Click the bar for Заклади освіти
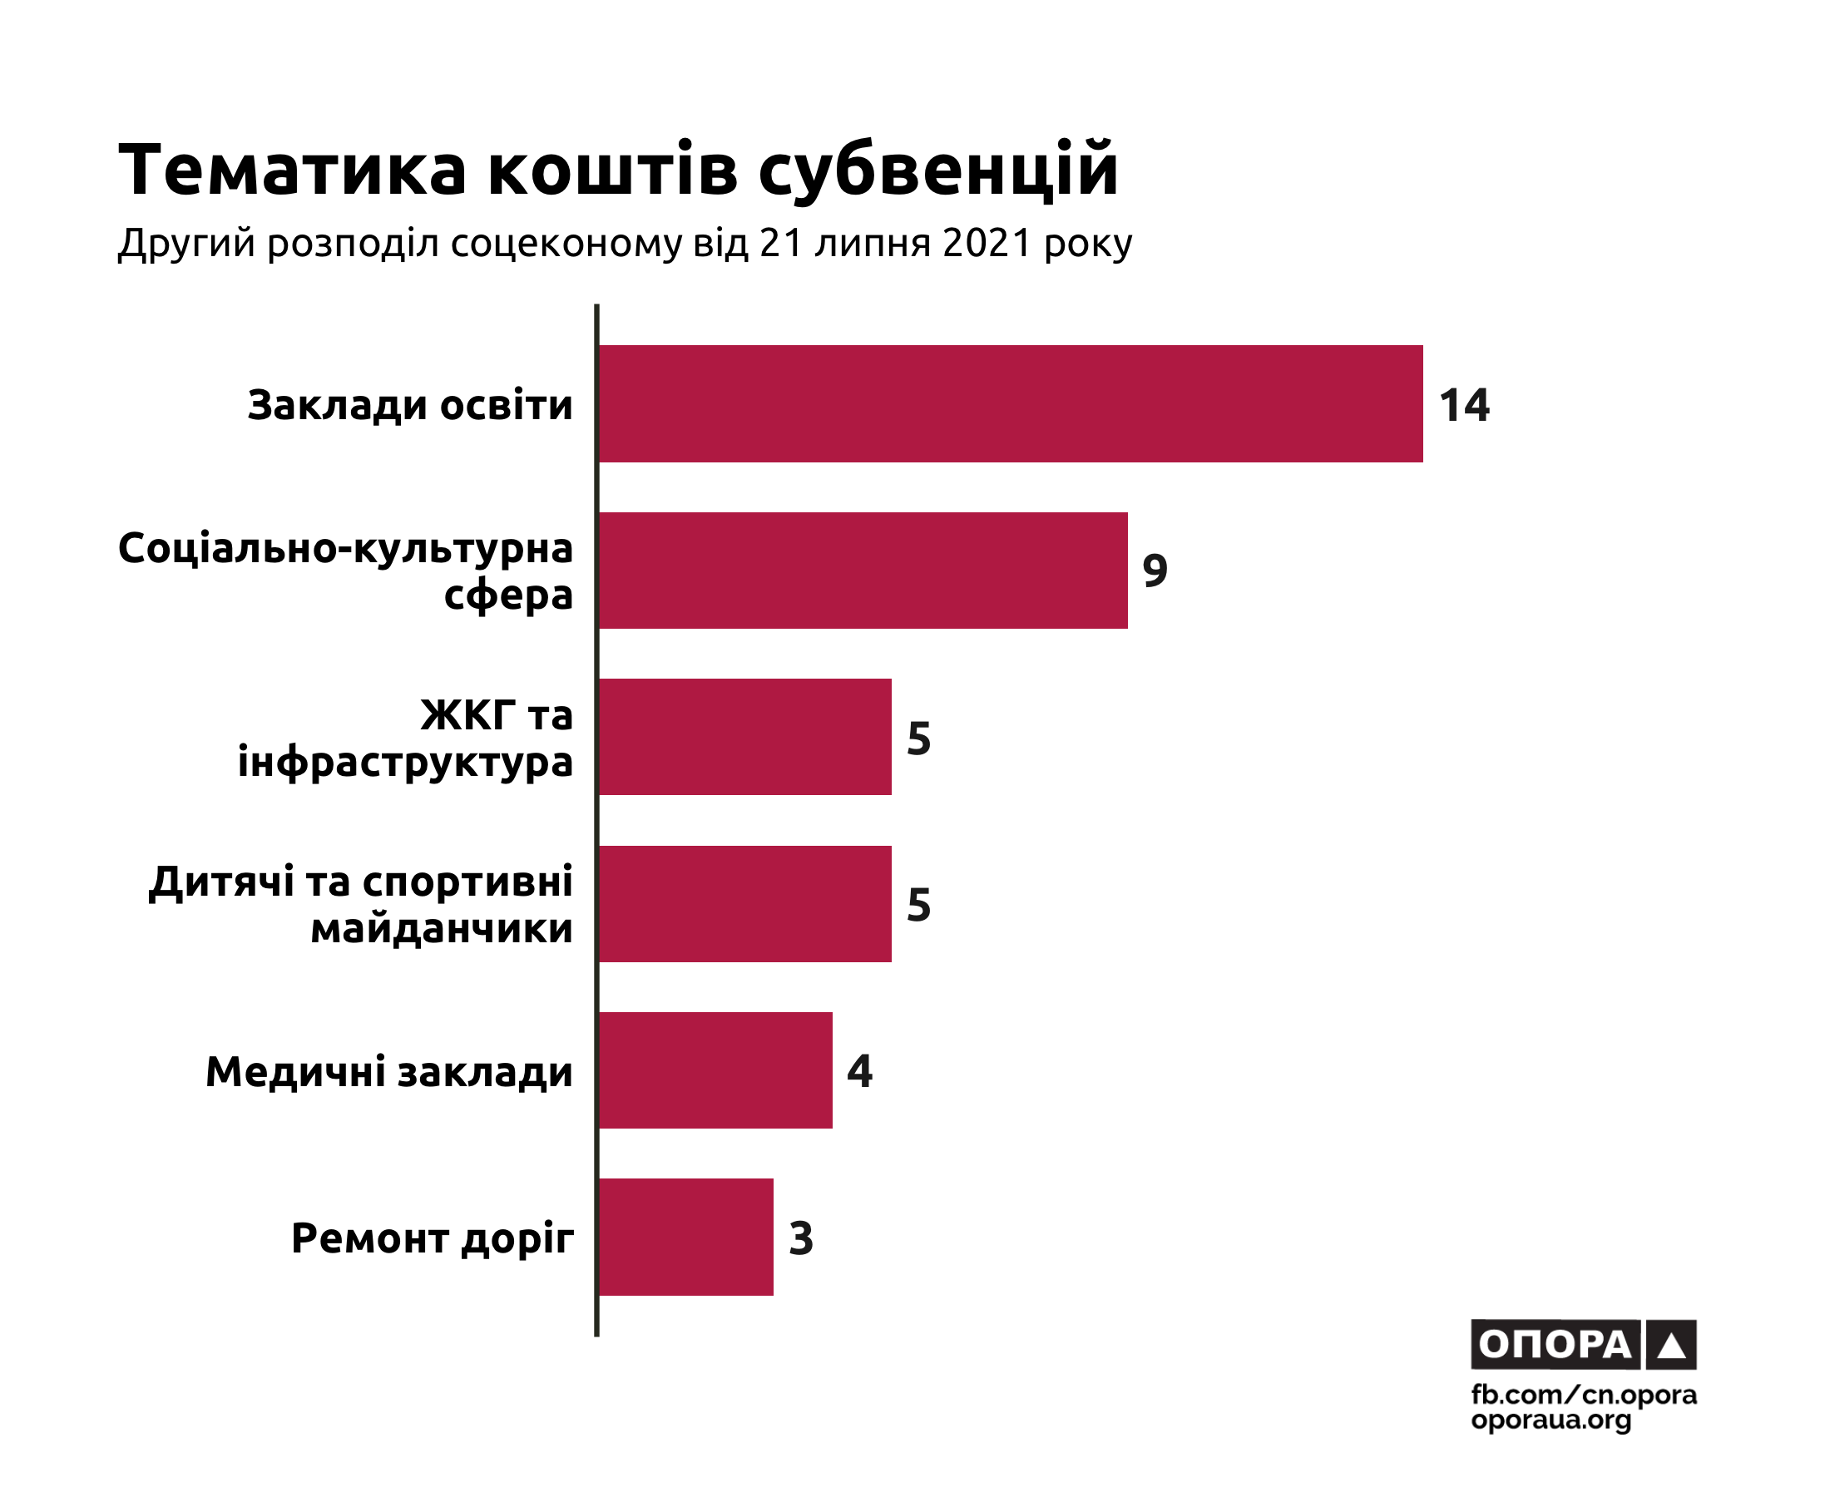click(1010, 403)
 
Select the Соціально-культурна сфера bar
click(863, 570)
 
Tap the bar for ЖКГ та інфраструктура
click(745, 736)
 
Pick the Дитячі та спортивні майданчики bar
click(745, 904)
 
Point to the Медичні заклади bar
click(715, 1070)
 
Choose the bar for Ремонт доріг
click(685, 1237)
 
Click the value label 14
click(1463, 405)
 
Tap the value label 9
click(1155, 571)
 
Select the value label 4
click(859, 1071)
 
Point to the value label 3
click(800, 1238)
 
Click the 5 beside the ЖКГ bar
click(918, 739)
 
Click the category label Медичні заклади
click(389, 1072)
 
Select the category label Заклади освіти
click(409, 405)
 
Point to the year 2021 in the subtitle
click(987, 244)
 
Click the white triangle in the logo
click(1671, 1346)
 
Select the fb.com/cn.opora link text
click(1583, 1395)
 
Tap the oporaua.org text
click(1551, 1420)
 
